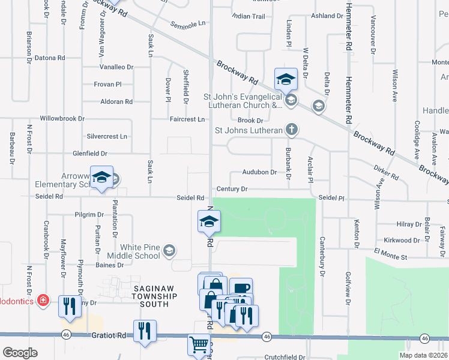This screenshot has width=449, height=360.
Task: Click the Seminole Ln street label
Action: tap(188, 25)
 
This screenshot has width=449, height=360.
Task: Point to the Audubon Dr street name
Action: tap(259, 172)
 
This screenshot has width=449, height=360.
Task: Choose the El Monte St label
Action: tap(390, 257)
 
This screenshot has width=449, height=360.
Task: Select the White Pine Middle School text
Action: tap(140, 251)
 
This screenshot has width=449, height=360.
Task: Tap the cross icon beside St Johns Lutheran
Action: tap(291, 130)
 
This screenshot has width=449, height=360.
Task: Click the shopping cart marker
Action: tap(199, 344)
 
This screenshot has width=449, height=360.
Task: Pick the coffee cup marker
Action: tap(241, 289)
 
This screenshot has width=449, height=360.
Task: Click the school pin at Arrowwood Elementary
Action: tap(101, 177)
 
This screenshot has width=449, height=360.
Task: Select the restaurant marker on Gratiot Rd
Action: tap(145, 331)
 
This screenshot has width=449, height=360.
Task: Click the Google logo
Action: tap(20, 353)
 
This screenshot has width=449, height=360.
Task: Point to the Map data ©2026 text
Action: tap(423, 355)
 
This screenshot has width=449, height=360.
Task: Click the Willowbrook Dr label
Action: tap(62, 119)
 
